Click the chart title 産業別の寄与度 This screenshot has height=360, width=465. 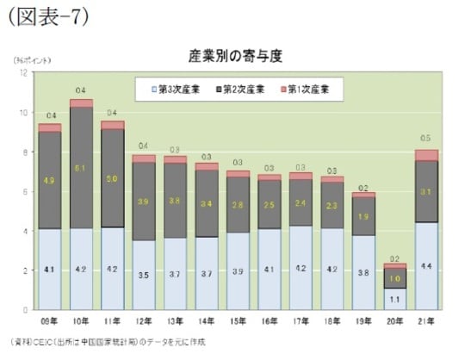235,56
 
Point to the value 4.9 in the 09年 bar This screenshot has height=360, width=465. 50,181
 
